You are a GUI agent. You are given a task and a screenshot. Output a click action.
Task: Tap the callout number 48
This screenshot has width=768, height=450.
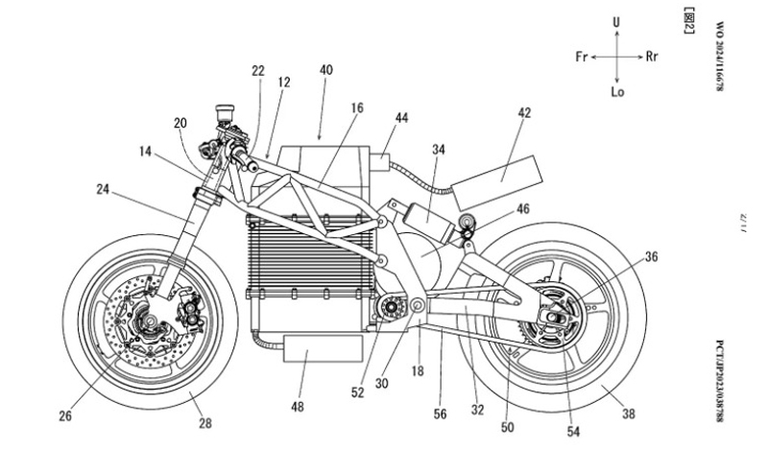coord(298,407)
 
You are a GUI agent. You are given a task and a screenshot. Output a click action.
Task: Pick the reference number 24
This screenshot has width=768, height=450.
coord(102,188)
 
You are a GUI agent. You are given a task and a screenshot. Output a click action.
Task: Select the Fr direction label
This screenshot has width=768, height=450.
coord(582,57)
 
